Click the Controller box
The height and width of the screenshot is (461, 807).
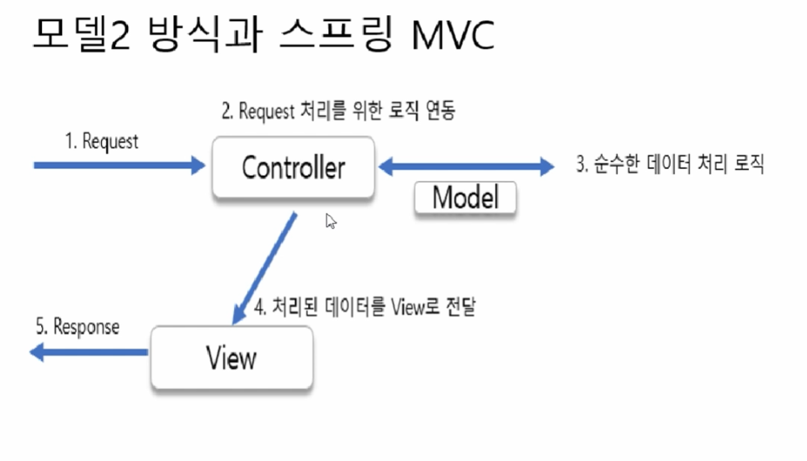293,167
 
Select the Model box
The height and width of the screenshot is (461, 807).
465,198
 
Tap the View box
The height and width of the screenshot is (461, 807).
231,358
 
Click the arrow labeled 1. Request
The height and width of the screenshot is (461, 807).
119,166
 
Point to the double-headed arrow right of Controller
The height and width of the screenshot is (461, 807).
466,167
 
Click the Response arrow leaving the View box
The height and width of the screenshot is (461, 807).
89,353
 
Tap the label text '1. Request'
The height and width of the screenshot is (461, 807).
102,141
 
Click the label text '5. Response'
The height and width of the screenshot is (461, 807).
77,326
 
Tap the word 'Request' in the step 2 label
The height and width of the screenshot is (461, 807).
268,111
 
